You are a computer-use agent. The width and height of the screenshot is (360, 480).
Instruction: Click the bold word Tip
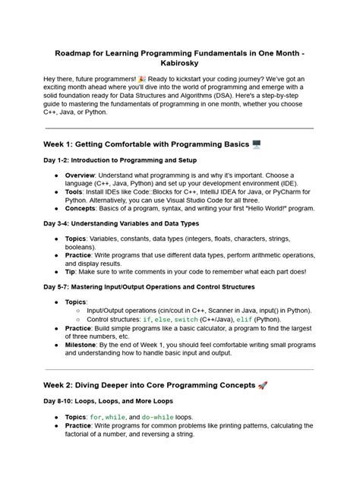click(x=71, y=270)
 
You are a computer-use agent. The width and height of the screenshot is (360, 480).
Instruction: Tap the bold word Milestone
click(x=84, y=343)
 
